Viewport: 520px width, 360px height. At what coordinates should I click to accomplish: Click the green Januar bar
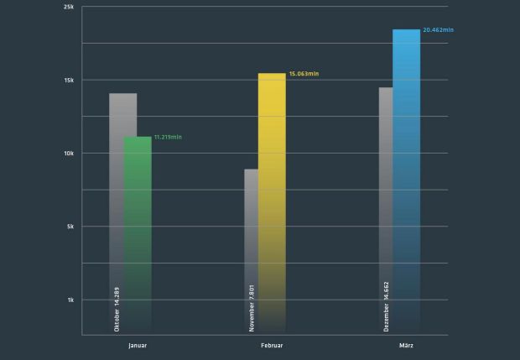[x=138, y=227]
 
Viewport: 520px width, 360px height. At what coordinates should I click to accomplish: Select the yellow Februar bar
[x=272, y=201]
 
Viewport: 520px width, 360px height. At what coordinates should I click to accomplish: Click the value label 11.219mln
[x=168, y=137]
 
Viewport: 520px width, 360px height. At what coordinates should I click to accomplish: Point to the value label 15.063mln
[x=304, y=74]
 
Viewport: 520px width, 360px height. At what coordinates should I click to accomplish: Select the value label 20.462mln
[x=438, y=30]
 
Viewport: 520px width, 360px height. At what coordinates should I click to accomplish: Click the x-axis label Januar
[x=138, y=345]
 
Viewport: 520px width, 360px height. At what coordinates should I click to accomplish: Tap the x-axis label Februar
[x=272, y=345]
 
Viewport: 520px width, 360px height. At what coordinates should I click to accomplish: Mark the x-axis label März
[x=406, y=345]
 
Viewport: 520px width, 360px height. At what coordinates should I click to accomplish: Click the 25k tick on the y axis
[x=69, y=7]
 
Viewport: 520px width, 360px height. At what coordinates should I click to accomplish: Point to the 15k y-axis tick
[x=69, y=81]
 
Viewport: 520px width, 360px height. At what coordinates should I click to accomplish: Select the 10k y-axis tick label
[x=69, y=154]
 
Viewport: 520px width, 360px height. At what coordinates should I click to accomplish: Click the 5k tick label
[x=70, y=227]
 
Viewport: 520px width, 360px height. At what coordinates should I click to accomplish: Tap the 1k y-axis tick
[x=70, y=300]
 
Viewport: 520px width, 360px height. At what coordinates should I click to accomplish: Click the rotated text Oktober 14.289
[x=117, y=310]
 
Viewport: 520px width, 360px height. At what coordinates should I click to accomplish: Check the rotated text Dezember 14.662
[x=386, y=307]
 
